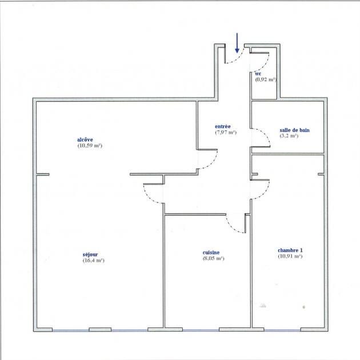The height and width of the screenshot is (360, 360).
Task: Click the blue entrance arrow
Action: click(x=237, y=43)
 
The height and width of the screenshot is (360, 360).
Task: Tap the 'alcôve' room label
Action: click(x=85, y=139)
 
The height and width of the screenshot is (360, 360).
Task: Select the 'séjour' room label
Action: click(x=90, y=254)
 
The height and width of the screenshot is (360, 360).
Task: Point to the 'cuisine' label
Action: click(x=211, y=253)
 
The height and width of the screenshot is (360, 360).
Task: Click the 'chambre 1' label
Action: click(x=290, y=250)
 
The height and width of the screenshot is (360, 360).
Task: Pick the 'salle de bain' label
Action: click(x=294, y=130)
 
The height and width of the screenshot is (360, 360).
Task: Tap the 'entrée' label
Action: click(x=223, y=126)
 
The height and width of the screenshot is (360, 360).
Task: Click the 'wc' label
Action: click(x=258, y=74)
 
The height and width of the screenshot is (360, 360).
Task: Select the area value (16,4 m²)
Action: click(x=94, y=261)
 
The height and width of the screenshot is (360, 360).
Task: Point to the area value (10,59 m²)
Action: click(x=90, y=146)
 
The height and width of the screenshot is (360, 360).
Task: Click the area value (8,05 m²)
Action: click(x=213, y=258)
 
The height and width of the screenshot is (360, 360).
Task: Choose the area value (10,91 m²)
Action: click(x=290, y=256)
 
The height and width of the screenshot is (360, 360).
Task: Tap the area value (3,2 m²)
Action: click(x=289, y=135)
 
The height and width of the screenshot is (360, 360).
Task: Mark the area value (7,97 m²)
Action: click(x=226, y=132)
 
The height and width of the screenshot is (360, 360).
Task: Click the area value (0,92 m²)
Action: click(x=265, y=79)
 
